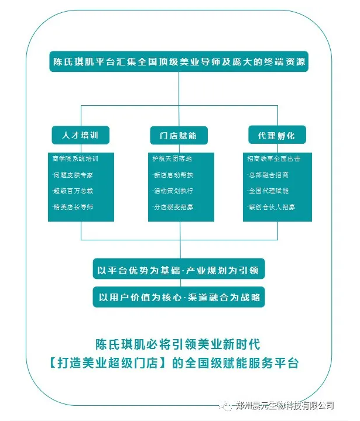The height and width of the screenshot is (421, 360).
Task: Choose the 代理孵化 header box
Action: pyautogui.click(x=277, y=135)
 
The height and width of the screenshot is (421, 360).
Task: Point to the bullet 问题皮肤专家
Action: pyautogui.click(x=73, y=175)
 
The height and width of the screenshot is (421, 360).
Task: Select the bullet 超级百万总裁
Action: pyautogui.click(x=73, y=191)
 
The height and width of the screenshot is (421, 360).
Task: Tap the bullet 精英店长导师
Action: pyautogui.click(x=73, y=207)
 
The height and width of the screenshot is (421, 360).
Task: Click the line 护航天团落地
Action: pyautogui.click(x=172, y=159)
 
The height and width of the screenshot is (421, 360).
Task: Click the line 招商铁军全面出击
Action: pyautogui.click(x=275, y=159)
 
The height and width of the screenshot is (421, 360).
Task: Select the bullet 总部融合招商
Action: pyautogui.click(x=268, y=175)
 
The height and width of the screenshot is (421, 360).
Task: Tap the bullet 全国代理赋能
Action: pyautogui.click(x=268, y=191)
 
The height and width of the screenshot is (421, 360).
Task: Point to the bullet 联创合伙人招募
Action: pyautogui.click(x=272, y=207)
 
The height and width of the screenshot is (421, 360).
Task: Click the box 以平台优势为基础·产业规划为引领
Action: pyautogui.click(x=179, y=271)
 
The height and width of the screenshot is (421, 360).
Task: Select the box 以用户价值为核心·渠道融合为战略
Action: pyautogui.click(x=179, y=296)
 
